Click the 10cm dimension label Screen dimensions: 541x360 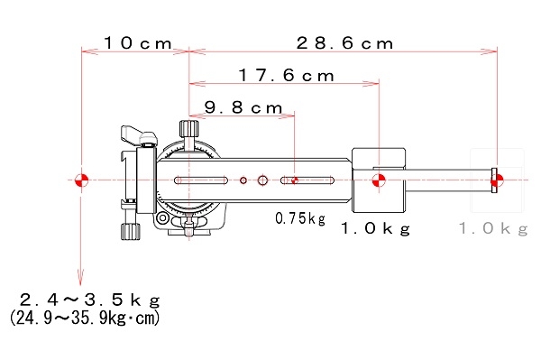tap(138, 43)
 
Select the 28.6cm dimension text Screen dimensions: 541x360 tap(344, 43)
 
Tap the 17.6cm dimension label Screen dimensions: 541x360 tap(287, 75)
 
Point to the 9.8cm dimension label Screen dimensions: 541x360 tap(243, 107)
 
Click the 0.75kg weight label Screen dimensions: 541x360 tap(300, 218)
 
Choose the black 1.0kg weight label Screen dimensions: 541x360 tap(376, 228)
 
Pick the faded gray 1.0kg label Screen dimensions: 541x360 tap(493, 228)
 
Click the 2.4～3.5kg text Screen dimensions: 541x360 tap(90, 300)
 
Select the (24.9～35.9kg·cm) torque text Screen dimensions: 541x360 tap(85, 318)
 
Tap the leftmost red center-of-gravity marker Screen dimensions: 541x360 tap(81, 180)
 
